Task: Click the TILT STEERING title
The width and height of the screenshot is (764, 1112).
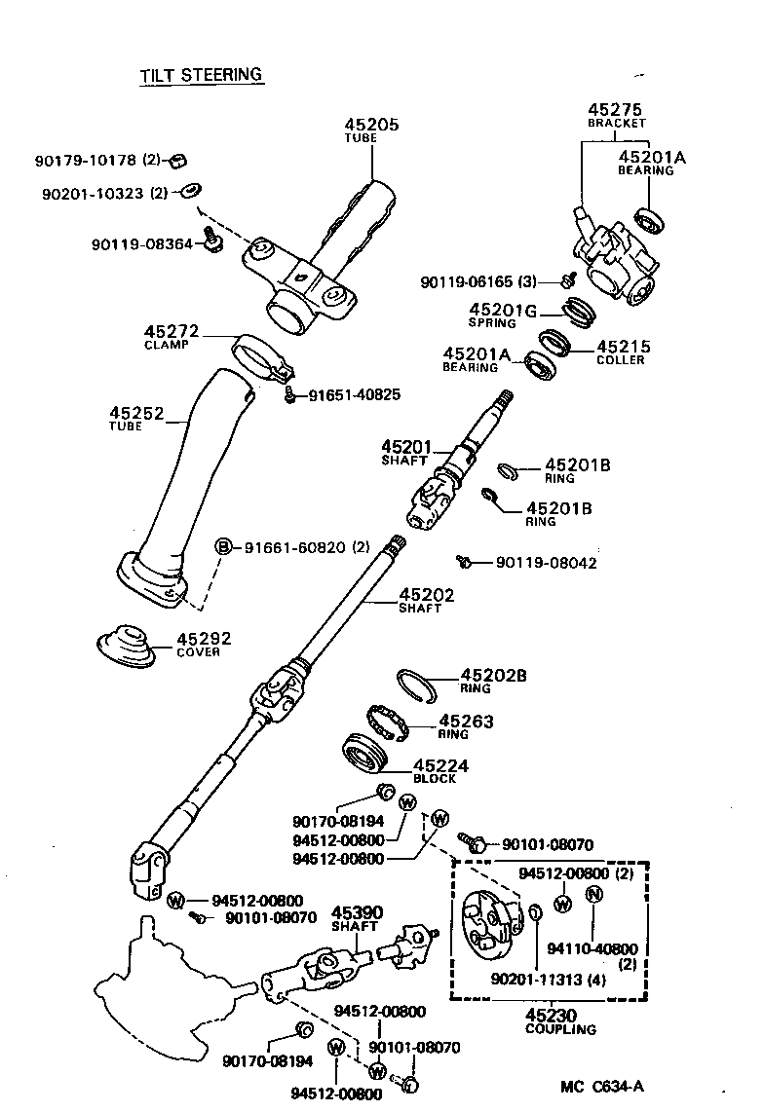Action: pyautogui.click(x=202, y=74)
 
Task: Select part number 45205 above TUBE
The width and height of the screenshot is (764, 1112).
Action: pyautogui.click(x=371, y=125)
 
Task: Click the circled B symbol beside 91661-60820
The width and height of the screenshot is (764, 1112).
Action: pyautogui.click(x=223, y=547)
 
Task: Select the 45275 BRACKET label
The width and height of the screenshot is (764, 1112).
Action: pyautogui.click(x=617, y=116)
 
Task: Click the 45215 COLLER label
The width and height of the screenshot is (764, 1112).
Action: pyautogui.click(x=623, y=352)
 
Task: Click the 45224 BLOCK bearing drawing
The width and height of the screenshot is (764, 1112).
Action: pyautogui.click(x=368, y=757)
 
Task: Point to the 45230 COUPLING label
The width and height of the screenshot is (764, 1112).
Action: pyautogui.click(x=560, y=1020)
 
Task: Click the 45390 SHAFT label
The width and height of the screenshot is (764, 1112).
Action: pyautogui.click(x=357, y=918)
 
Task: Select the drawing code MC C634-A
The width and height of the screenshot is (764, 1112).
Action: pyautogui.click(x=603, y=1087)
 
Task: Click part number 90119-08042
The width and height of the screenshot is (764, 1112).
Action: pyautogui.click(x=546, y=563)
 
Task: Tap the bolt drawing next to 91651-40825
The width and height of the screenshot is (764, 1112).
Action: pyautogui.click(x=290, y=395)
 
